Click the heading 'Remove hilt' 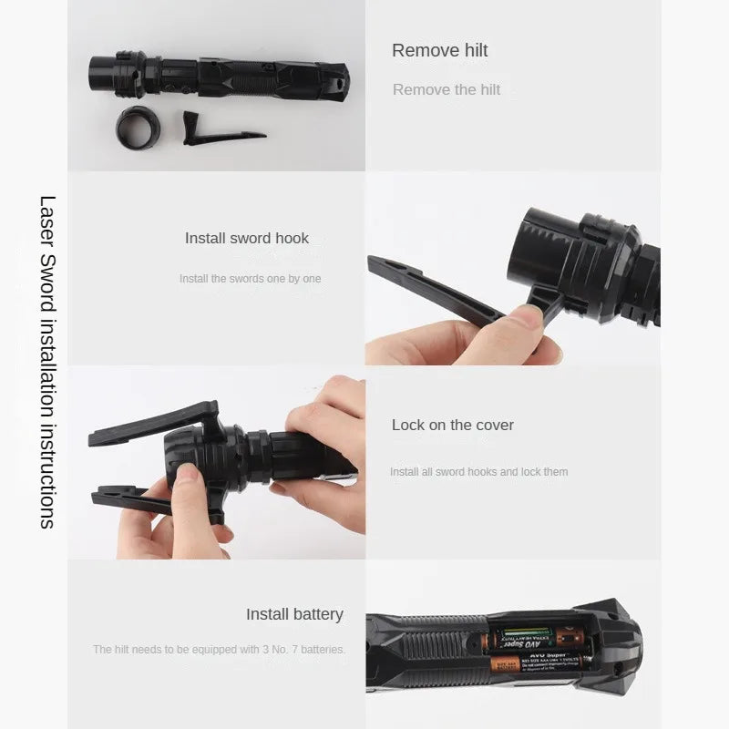(x=439, y=51)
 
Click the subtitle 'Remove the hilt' (x=447, y=89)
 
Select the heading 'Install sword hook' (x=247, y=238)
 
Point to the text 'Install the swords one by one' (x=250, y=279)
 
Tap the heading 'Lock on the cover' (x=453, y=425)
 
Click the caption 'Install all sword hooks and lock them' (x=478, y=472)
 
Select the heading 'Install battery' (x=294, y=614)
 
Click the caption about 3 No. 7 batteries (x=219, y=650)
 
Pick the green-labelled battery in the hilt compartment (x=538, y=638)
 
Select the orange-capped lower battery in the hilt (x=538, y=662)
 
